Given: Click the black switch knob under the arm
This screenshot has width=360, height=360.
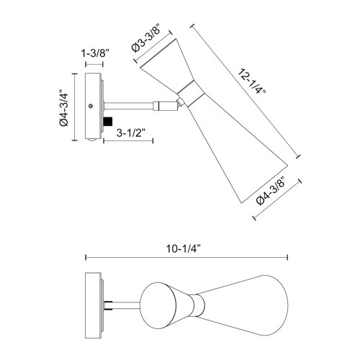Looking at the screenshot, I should pyautogui.click(x=109, y=120).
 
